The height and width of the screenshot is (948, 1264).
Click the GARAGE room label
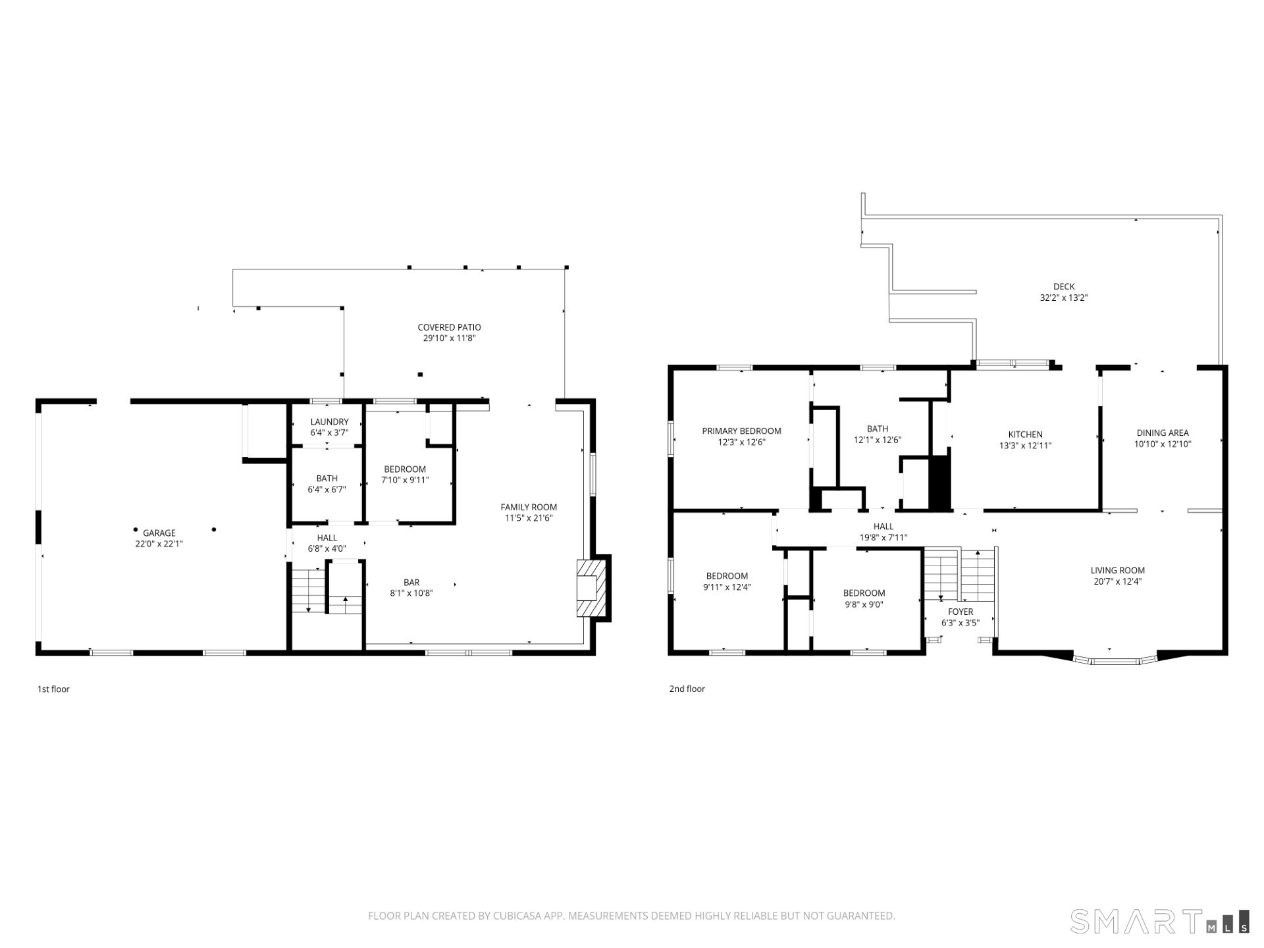159,533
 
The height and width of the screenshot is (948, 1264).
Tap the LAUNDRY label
329,422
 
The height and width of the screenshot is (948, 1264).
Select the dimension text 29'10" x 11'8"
449,338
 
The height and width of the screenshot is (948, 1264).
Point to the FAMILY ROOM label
529,507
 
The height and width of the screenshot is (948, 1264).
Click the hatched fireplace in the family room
591,588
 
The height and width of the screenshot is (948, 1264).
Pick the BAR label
411,582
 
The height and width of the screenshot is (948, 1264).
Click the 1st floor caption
53,689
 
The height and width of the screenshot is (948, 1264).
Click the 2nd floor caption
687,689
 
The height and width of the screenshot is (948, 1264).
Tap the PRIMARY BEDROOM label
741,431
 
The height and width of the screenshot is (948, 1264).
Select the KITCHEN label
1025,434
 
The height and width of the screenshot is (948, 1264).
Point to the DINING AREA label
1163,433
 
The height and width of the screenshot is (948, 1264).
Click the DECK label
1064,286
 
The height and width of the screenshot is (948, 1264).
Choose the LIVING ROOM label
1117,570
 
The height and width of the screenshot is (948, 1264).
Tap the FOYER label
961,612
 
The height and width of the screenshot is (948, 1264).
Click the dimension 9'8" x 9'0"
864,604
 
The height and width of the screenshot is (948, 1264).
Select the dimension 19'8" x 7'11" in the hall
883,537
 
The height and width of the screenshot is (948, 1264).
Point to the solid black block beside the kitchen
940,481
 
